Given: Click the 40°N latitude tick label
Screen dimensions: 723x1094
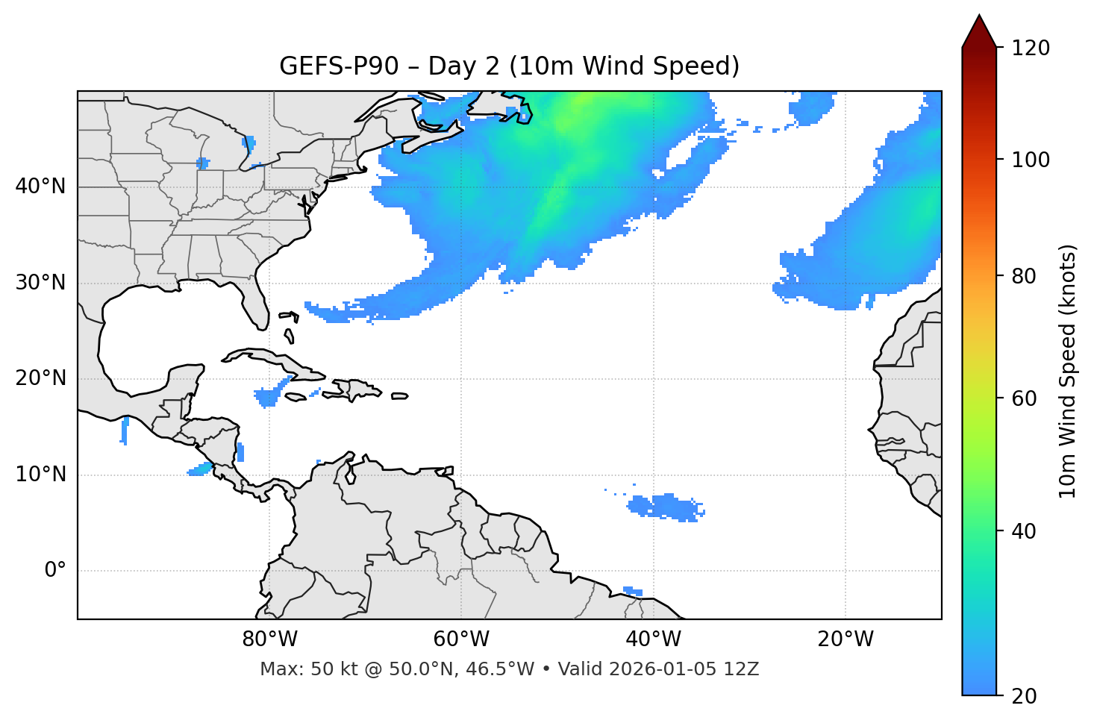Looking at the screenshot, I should coord(40,187).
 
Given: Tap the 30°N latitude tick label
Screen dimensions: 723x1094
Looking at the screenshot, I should coord(40,283).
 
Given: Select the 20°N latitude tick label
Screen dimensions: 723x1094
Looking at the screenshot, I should coord(40,378).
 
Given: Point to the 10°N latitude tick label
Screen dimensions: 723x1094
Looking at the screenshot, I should coord(40,475).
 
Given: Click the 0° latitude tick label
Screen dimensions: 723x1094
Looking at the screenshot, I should coord(55,571).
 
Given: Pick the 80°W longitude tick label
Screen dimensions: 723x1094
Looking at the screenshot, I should coord(269,639).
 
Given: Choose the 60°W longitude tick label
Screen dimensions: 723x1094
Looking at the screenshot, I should coord(461,639).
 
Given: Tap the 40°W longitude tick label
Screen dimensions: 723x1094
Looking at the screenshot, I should coord(653,639).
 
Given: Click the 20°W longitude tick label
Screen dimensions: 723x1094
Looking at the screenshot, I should coord(845,639).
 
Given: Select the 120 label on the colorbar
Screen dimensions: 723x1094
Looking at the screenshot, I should coord(1031,48).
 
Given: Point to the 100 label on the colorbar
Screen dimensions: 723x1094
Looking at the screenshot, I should coord(1031,160).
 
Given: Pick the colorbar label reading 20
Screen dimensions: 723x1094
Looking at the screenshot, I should coord(1024,696).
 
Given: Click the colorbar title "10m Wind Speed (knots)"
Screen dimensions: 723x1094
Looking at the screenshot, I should coord(1068,371).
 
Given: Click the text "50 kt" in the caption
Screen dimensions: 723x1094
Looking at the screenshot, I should coord(324,669).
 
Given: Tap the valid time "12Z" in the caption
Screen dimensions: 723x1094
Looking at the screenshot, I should coord(743,669).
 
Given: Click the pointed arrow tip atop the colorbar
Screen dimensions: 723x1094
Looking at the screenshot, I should coord(979,18).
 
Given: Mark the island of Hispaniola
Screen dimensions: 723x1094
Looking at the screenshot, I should coord(357,389).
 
